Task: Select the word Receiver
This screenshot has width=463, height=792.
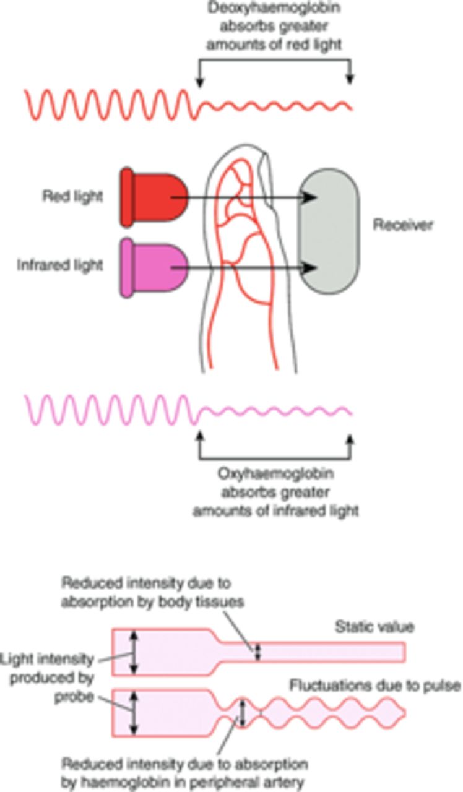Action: pos(402,225)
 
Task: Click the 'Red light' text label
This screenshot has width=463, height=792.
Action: pos(72,197)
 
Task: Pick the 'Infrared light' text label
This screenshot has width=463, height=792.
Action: pos(60,265)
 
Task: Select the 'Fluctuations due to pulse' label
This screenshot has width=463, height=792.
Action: pos(374,686)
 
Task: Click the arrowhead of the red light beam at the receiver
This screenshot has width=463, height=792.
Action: pos(313,197)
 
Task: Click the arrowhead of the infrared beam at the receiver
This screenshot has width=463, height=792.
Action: pos(313,268)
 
